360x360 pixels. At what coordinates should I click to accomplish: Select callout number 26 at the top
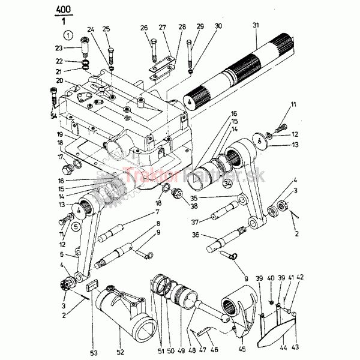click(x=143, y=28)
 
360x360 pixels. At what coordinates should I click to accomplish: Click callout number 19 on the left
click(x=60, y=134)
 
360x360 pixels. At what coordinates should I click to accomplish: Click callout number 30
click(x=218, y=26)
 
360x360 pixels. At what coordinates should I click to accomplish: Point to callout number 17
click(x=60, y=158)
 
